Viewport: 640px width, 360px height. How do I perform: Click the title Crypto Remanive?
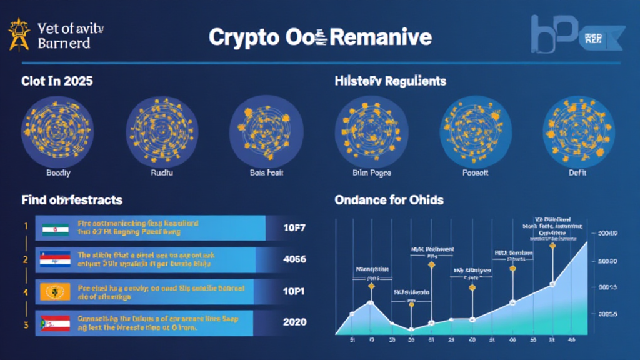[320, 37]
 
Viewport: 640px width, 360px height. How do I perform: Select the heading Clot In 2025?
[57, 81]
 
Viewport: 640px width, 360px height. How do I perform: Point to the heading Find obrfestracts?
[72, 201]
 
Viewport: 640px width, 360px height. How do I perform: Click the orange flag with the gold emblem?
[54, 291]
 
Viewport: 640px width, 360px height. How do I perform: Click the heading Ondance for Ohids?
[389, 201]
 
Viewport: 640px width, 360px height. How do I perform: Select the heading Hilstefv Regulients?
[390, 81]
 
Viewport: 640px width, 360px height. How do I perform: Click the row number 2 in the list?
[26, 259]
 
